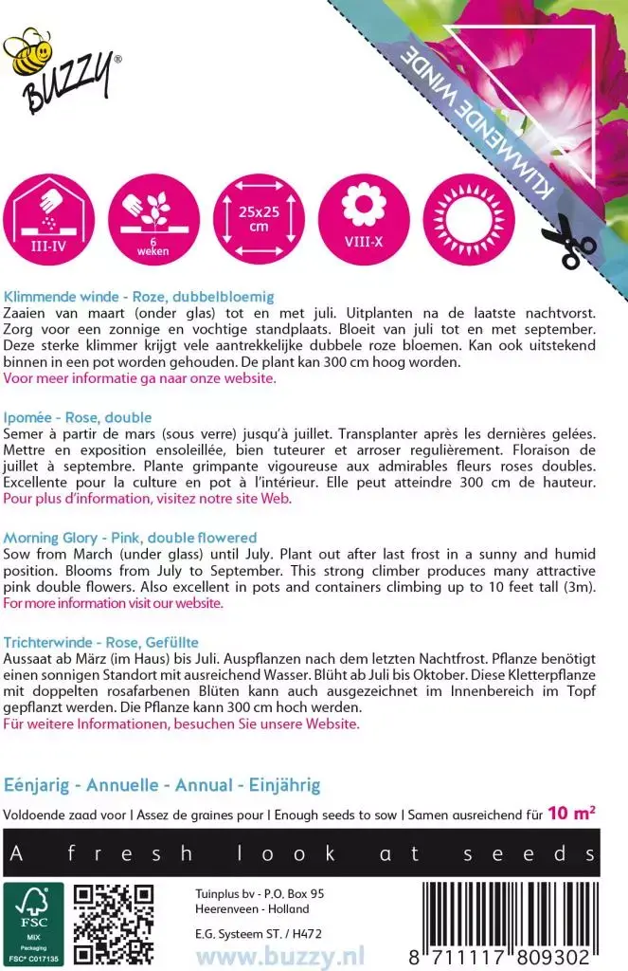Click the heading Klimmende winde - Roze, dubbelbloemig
139,295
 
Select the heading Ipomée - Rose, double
78,417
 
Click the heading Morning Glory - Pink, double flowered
130,538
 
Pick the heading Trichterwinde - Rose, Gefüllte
100,642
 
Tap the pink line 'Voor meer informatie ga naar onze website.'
140,377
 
